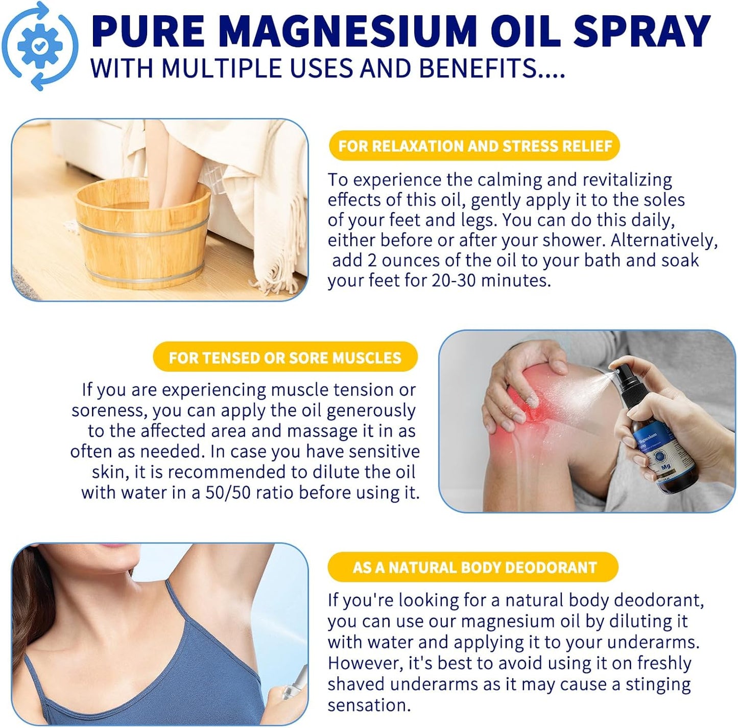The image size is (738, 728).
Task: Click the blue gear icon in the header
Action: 40,46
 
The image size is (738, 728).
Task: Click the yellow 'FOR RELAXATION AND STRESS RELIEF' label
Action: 474,146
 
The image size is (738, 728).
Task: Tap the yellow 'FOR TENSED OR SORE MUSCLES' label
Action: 285,357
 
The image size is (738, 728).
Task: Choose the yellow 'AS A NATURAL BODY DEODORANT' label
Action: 474,567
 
